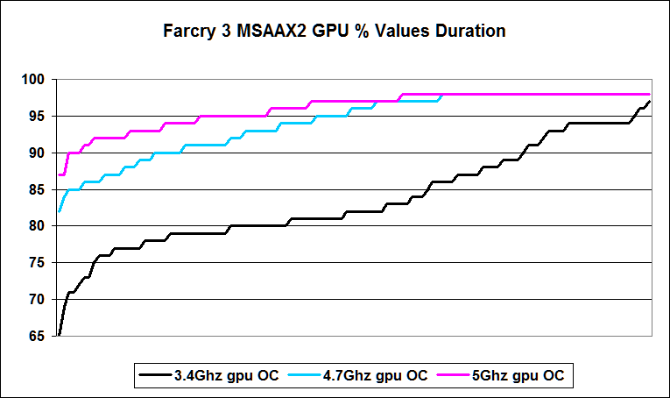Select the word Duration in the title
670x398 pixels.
click(x=468, y=32)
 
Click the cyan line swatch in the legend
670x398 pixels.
click(x=310, y=376)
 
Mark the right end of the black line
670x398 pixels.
click(x=650, y=102)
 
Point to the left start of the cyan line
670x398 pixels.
click(x=59, y=211)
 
